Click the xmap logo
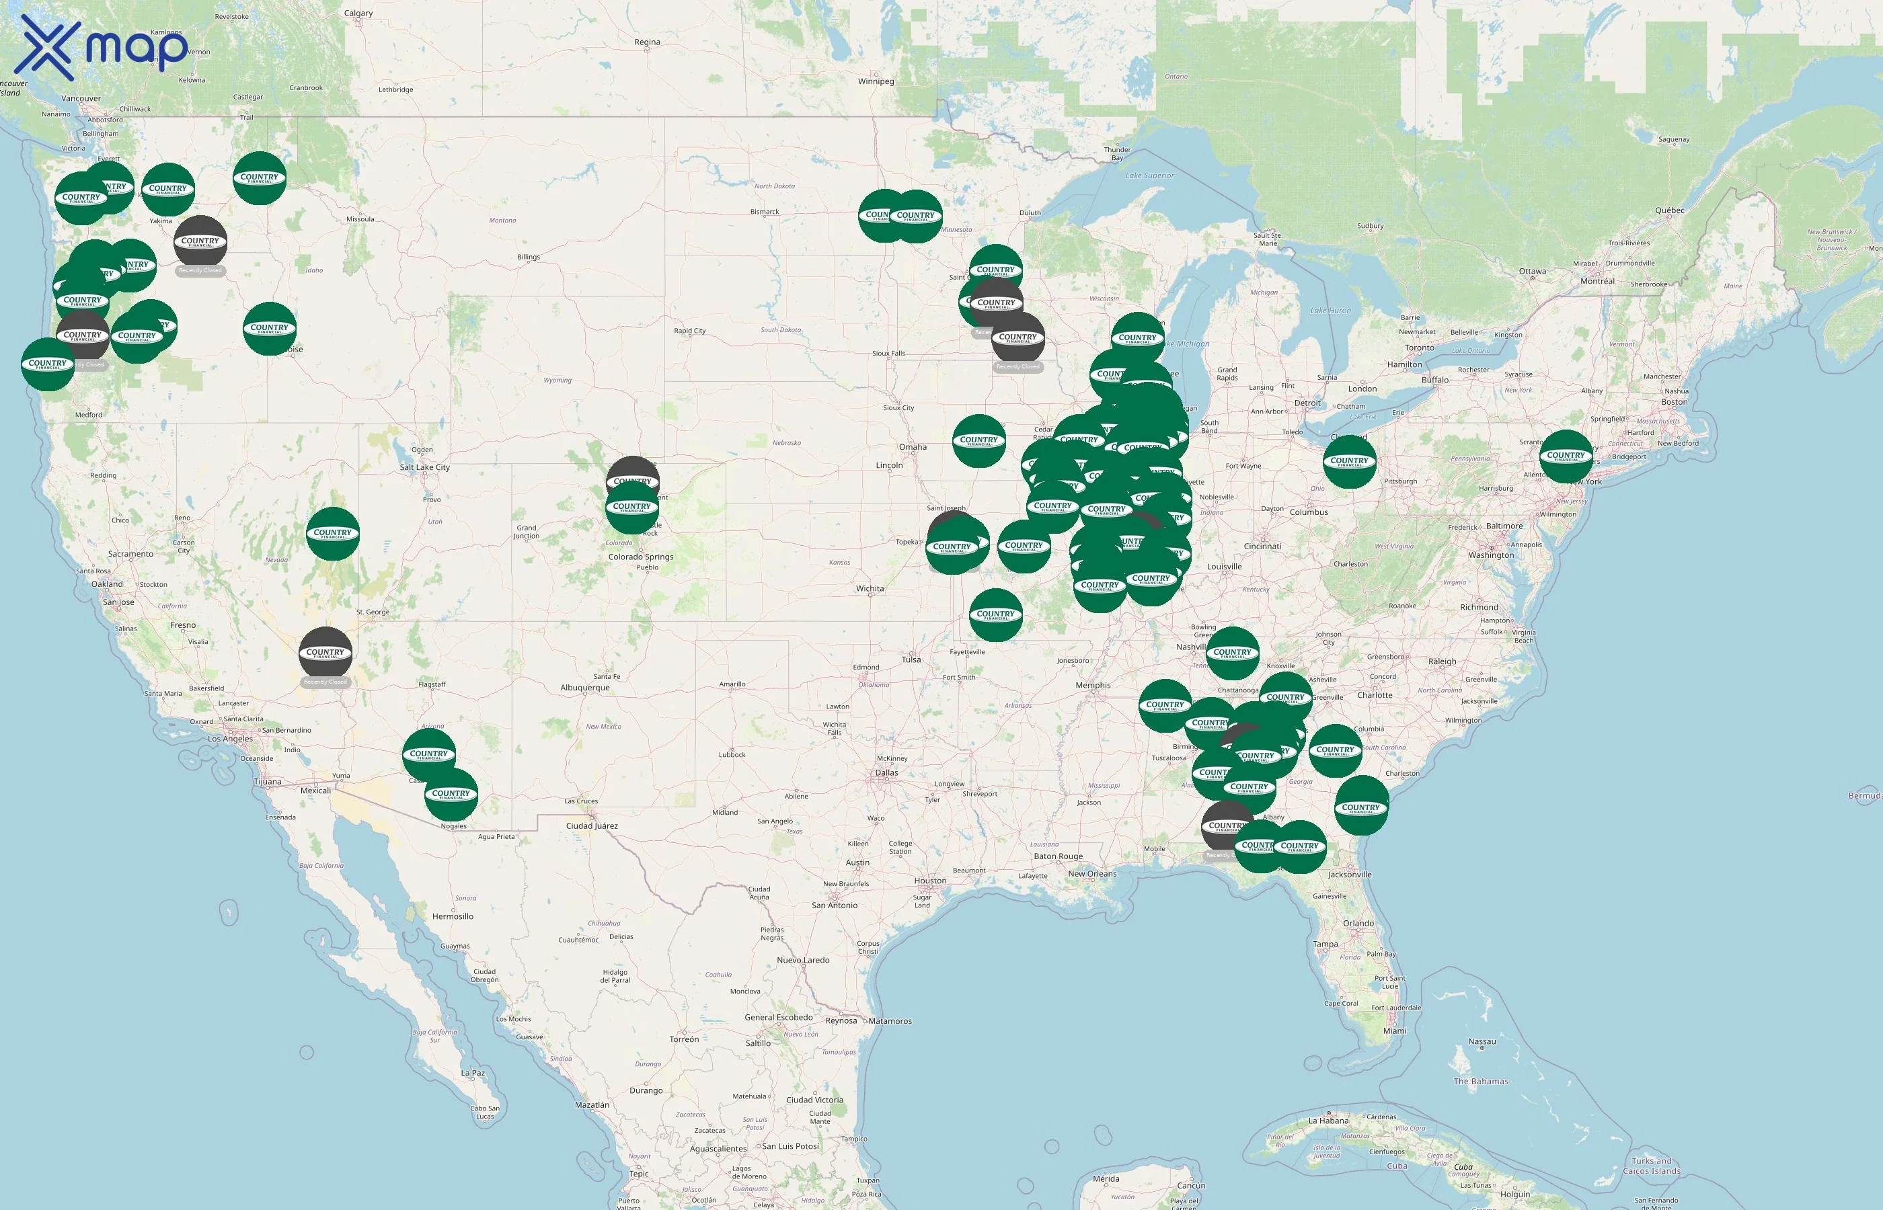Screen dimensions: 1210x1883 103,47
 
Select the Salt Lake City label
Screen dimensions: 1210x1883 424,467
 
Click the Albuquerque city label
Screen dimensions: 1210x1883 584,688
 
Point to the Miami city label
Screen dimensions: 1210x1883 1394,1031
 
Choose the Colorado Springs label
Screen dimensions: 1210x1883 640,557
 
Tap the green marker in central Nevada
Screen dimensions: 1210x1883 332,534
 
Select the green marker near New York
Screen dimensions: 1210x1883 1566,456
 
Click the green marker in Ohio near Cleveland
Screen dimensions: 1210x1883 1350,462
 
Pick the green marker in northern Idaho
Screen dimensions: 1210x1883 260,178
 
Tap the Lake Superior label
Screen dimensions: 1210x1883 1149,176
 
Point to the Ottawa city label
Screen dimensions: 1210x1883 1532,272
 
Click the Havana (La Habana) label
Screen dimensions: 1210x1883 1328,1121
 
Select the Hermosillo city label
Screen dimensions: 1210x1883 453,917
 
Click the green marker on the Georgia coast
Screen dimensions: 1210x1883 1361,807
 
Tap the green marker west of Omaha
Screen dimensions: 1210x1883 978,441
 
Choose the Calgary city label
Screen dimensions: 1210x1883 358,13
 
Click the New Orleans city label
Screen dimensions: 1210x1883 1091,874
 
